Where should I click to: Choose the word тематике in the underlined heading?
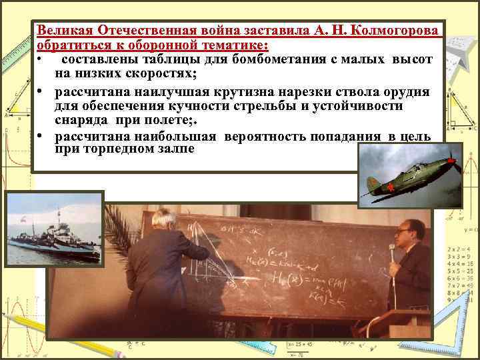236,45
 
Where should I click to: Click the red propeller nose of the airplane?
451,160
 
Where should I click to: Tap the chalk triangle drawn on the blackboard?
203,247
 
